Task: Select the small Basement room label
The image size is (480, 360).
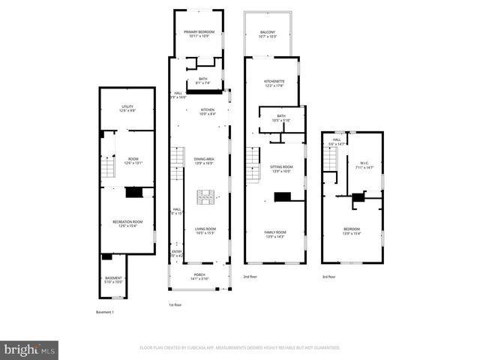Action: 113,280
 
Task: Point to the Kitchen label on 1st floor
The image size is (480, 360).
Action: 207,112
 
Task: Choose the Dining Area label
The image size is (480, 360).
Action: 205,160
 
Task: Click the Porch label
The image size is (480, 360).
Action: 199,276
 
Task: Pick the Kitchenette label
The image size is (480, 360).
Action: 274,82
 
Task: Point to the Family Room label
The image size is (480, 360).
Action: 274,234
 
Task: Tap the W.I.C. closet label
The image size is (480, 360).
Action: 364,166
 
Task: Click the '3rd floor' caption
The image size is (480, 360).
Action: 329,277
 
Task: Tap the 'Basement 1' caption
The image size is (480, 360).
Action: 106,312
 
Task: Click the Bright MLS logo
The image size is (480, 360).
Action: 30,349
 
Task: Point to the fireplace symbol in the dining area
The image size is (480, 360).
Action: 205,197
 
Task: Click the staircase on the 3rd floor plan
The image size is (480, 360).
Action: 330,158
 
